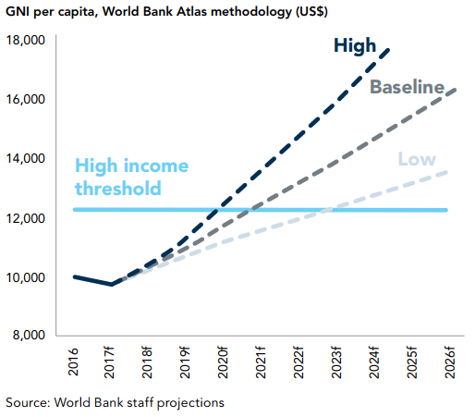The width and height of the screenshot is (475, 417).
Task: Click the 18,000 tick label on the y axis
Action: point(26,40)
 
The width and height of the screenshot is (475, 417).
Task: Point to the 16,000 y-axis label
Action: point(26,99)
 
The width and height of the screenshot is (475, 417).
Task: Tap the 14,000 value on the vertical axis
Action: point(26,158)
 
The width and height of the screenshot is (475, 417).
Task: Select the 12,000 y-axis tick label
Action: point(26,218)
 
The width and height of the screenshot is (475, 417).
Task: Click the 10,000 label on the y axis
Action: point(26,277)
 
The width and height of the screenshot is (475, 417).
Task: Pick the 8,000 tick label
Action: point(29,335)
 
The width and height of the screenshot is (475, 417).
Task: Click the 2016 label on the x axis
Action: point(73,362)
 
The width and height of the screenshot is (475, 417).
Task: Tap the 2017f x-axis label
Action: point(109,362)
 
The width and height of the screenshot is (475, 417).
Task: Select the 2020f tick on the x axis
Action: point(223,362)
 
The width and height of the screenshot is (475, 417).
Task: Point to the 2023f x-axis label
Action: point(336,362)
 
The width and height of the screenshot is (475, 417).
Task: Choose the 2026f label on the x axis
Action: point(450,362)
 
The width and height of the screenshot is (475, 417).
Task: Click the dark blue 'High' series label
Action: point(355,46)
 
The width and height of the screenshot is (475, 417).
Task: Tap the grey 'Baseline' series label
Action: point(408,87)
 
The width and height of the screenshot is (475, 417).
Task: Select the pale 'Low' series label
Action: point(417,159)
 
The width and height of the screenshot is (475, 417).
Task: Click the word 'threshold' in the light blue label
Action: point(118,188)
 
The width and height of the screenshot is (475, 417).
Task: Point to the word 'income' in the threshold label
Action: point(156,166)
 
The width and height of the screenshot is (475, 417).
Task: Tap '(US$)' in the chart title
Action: point(311,12)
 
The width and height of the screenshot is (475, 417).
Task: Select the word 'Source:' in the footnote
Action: point(28,402)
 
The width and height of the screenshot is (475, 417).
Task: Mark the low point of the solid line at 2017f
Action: point(112,285)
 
